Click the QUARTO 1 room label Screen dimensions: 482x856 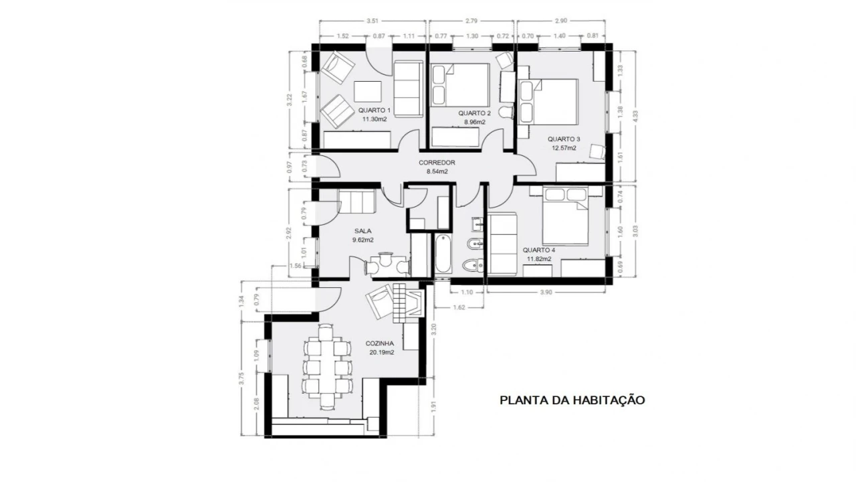point(374,110)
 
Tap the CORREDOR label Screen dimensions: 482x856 point(437,163)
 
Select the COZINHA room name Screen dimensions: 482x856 point(379,343)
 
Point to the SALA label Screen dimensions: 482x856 point(362,231)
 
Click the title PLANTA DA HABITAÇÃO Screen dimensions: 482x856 point(572,400)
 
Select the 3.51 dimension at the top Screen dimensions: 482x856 point(373,21)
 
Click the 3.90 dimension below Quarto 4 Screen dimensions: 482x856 point(546,293)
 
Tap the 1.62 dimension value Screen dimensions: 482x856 point(458,308)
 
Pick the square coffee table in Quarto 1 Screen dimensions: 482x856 point(367,91)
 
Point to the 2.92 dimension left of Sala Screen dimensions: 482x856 point(290,233)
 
